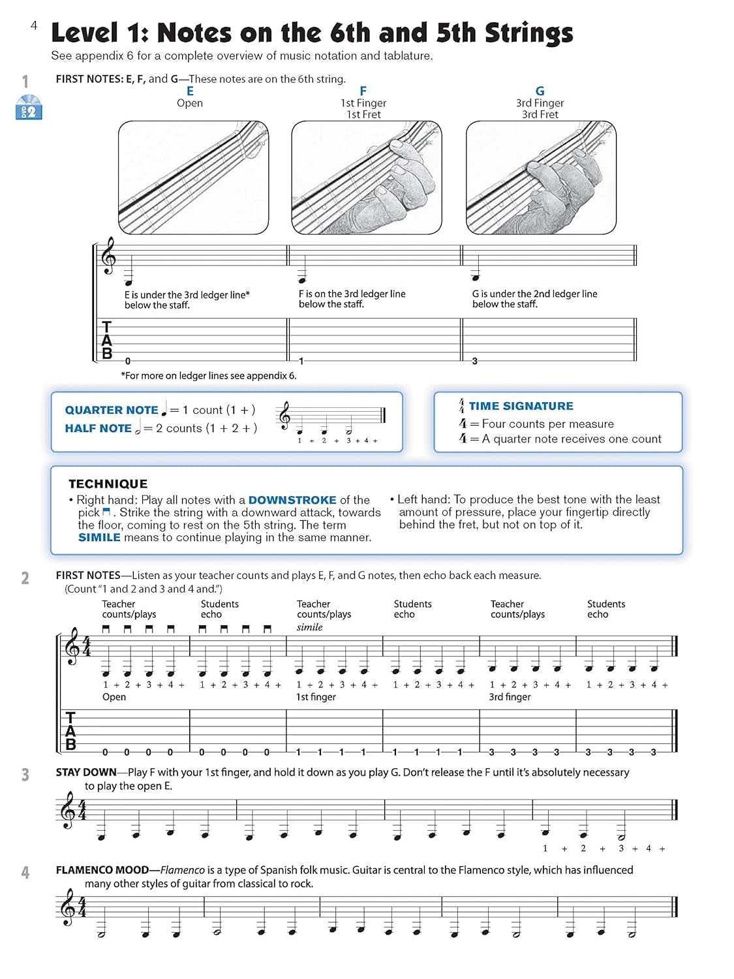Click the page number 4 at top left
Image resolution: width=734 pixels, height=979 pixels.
34,25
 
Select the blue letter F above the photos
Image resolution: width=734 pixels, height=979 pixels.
363,91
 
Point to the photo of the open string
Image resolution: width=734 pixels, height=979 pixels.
193,178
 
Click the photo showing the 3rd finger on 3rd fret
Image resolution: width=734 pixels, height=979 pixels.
541,178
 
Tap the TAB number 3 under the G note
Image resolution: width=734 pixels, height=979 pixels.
474,361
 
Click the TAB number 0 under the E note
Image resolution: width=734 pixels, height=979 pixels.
128,361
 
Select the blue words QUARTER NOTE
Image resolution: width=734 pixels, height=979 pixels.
111,410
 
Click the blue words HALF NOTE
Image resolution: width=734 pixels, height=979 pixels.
98,428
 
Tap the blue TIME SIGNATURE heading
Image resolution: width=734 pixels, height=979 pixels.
521,406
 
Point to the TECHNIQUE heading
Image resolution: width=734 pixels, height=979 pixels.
108,484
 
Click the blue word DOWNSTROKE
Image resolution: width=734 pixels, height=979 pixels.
292,500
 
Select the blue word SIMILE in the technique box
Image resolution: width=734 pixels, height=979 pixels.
99,537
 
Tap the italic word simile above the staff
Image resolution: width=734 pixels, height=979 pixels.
310,627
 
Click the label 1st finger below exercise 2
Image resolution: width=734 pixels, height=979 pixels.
316,697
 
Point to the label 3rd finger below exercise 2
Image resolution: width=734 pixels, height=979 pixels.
510,697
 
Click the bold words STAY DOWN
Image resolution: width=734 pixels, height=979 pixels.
86,772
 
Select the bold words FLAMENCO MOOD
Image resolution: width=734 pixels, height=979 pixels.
102,870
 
